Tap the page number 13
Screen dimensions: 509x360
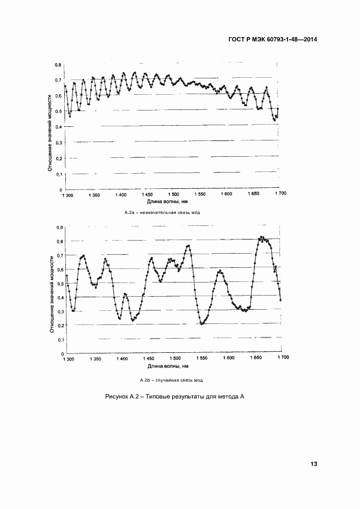[x=313, y=464]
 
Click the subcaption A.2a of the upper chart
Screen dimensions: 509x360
[x=162, y=212]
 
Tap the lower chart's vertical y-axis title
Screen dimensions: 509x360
[x=51, y=295]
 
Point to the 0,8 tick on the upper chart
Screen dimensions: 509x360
[x=58, y=65]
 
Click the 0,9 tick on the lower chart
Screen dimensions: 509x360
[x=60, y=227]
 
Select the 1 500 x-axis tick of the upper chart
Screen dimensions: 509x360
[x=174, y=194]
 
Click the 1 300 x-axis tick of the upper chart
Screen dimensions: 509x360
[x=68, y=194]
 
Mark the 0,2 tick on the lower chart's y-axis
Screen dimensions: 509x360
[x=60, y=326]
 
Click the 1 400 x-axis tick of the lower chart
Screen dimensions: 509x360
[x=121, y=359]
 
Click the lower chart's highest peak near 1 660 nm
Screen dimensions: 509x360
[x=261, y=237]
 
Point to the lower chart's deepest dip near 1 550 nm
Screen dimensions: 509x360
[x=202, y=324]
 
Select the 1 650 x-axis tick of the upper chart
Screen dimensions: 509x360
[x=254, y=194]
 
